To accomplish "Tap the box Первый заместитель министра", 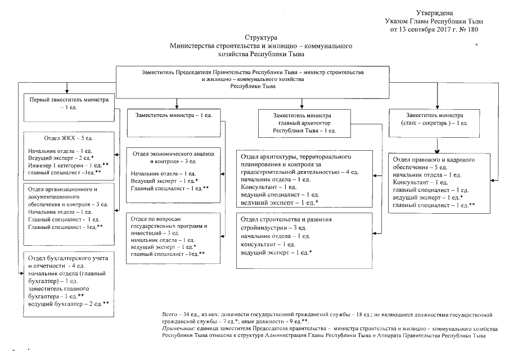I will (x=67, y=103).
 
